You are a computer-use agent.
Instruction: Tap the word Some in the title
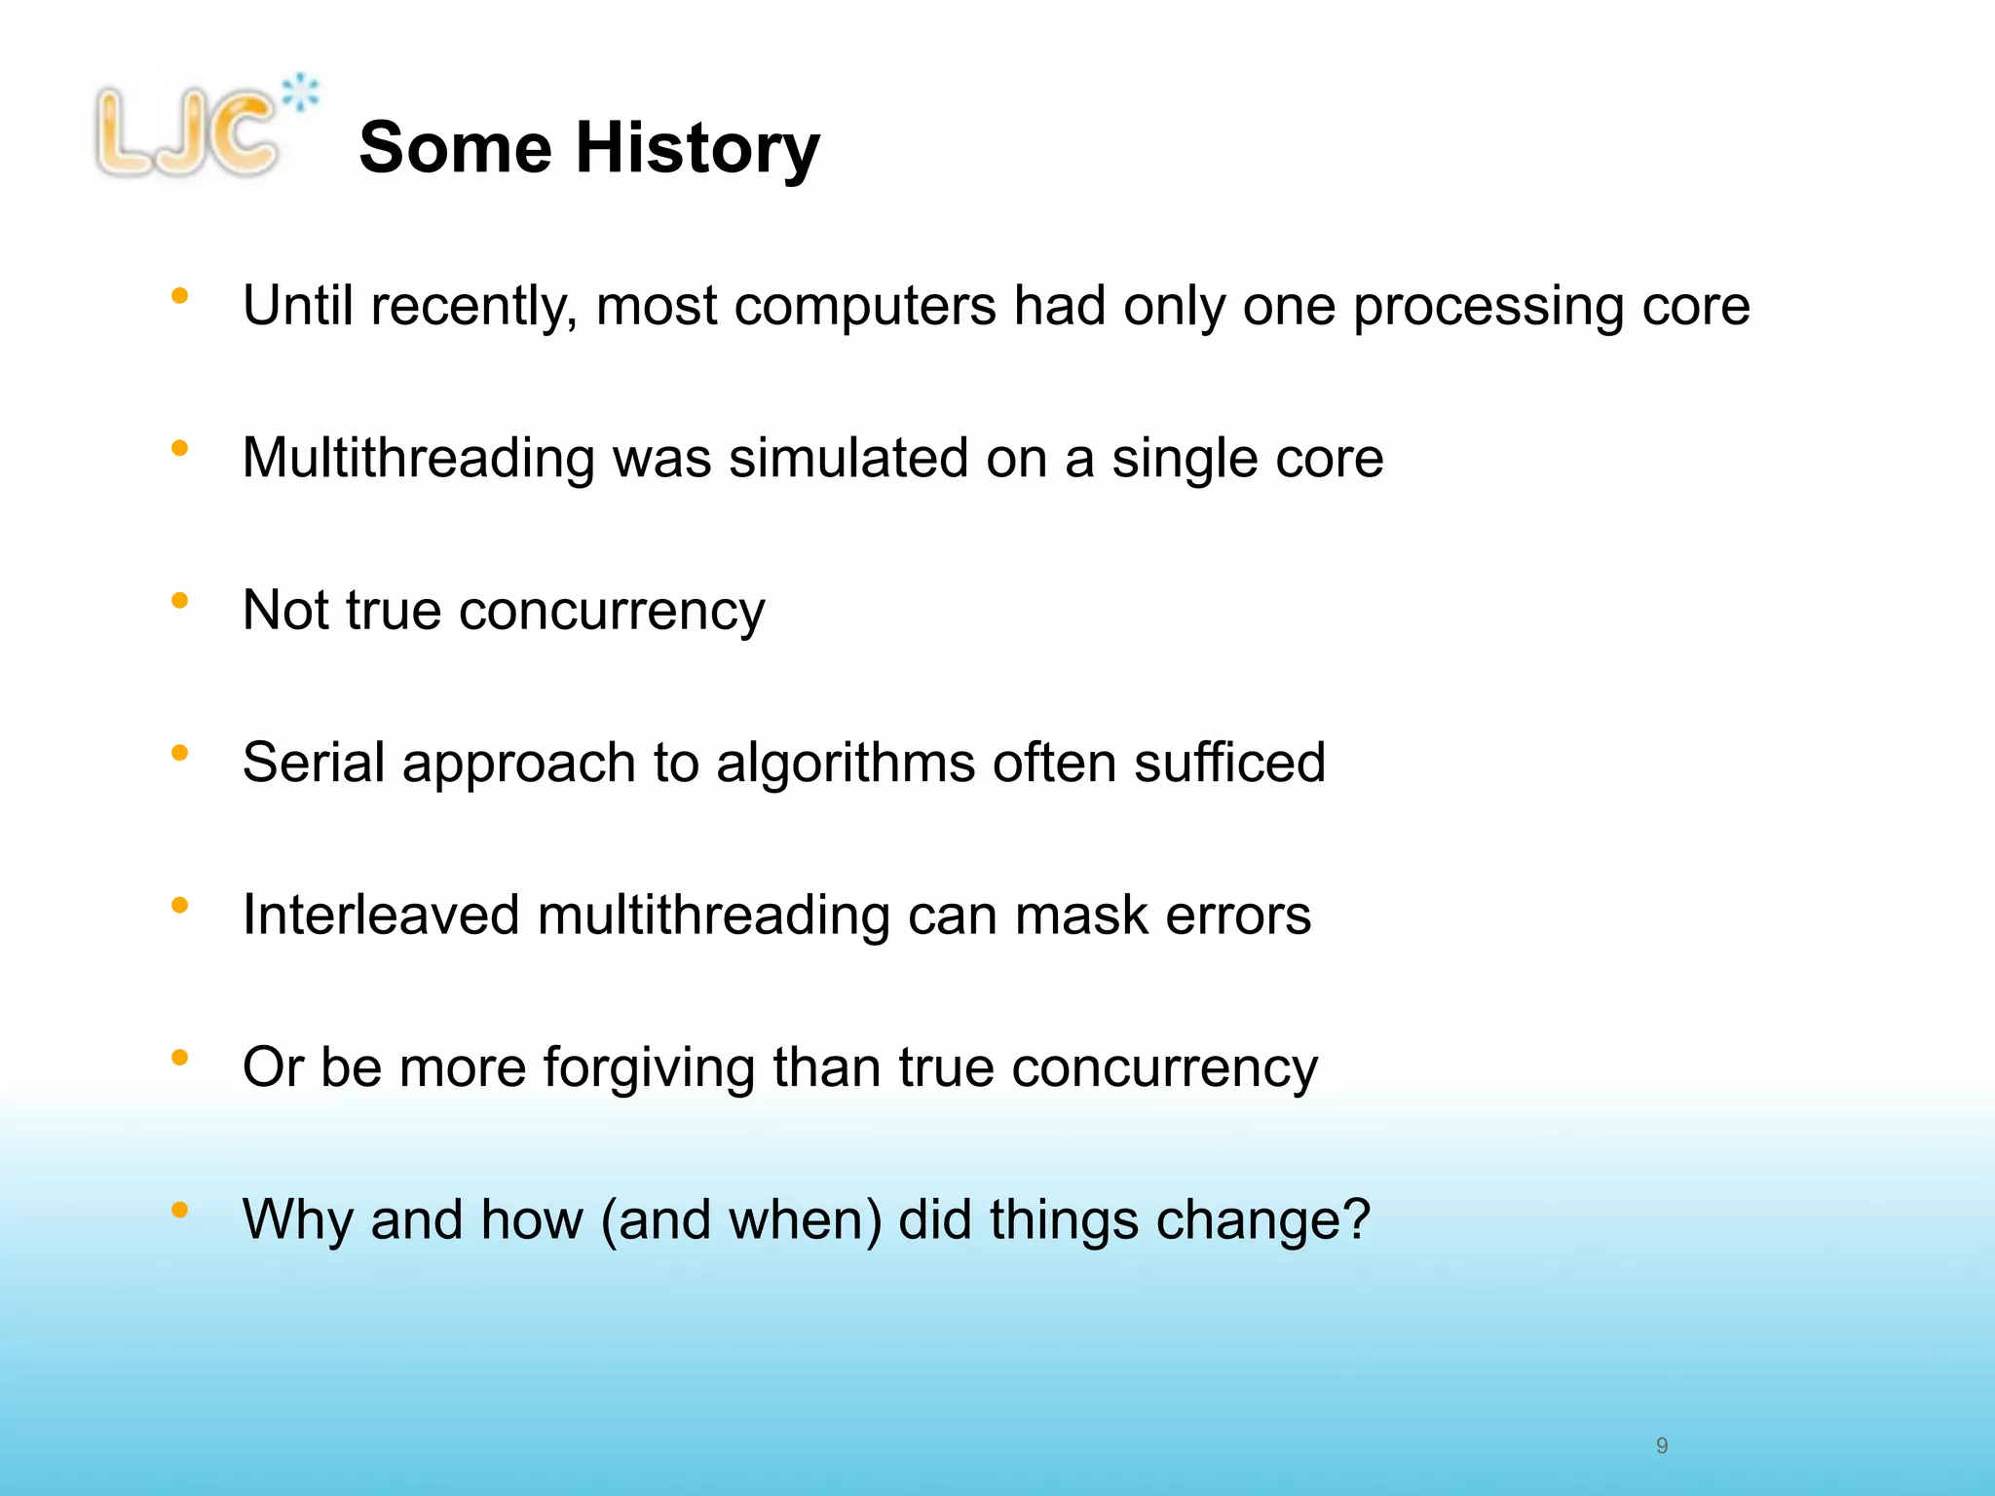pyautogui.click(x=455, y=148)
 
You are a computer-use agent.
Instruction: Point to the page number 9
pyautogui.click(x=1662, y=1445)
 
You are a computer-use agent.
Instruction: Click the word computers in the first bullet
pyautogui.click(x=865, y=306)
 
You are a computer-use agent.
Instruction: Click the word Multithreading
pyautogui.click(x=418, y=459)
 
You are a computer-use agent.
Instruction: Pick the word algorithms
pyautogui.click(x=846, y=763)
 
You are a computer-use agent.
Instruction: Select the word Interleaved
pyautogui.click(x=381, y=915)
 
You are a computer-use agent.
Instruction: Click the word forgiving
pyautogui.click(x=649, y=1068)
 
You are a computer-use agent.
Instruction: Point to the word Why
pyautogui.click(x=297, y=1219)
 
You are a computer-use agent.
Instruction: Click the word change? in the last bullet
pyautogui.click(x=1262, y=1221)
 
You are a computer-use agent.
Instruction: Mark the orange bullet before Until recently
pyautogui.click(x=179, y=296)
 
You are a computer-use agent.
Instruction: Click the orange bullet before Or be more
pyautogui.click(x=179, y=1058)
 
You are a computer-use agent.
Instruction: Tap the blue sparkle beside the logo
pyautogui.click(x=301, y=93)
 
